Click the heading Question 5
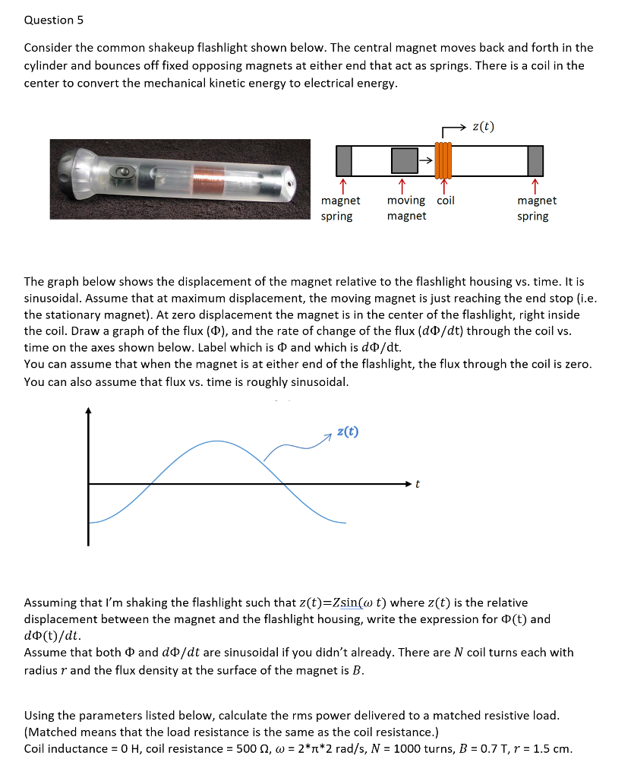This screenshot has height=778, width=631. [49, 20]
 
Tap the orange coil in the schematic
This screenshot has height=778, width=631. [443, 160]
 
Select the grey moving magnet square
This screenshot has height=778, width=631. [405, 160]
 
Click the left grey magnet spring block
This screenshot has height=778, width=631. [344, 160]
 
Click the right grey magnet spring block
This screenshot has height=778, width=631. [535, 160]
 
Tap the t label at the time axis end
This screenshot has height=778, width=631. [417, 483]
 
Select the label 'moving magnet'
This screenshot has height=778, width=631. [406, 208]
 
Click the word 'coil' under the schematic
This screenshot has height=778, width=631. [446, 201]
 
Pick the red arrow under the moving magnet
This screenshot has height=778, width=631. [401, 185]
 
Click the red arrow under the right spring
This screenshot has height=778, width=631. [535, 185]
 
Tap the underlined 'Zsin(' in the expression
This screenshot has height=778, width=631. [350, 602]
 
